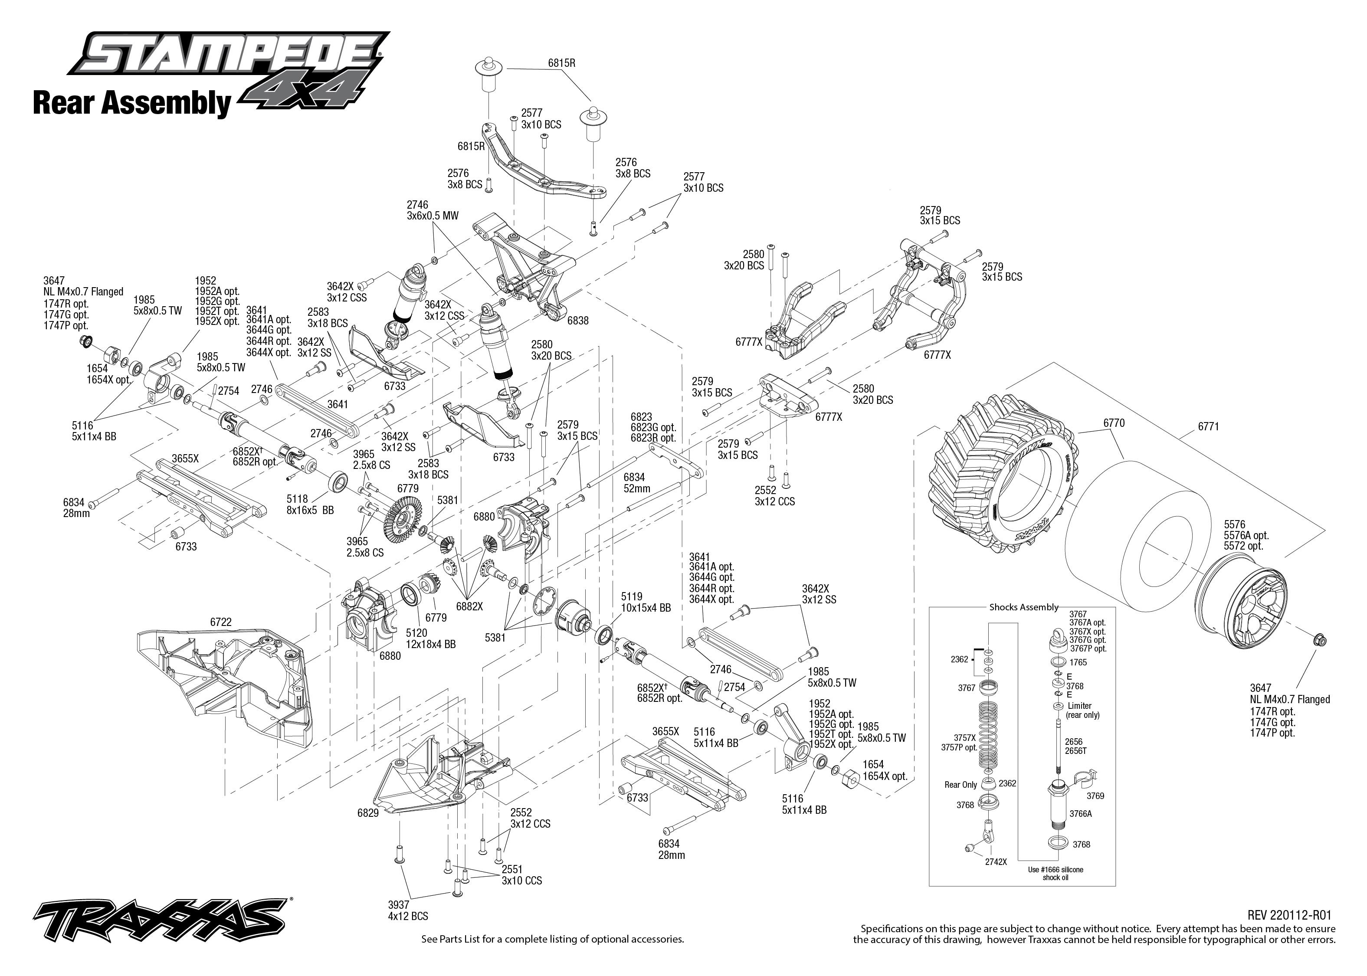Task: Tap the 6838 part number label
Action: pos(578,321)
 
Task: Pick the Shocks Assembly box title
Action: pos(1024,607)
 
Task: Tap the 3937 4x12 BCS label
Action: pos(408,910)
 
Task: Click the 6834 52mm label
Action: pos(636,483)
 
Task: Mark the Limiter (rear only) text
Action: pos(1083,711)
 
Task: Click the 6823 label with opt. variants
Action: pos(653,427)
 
